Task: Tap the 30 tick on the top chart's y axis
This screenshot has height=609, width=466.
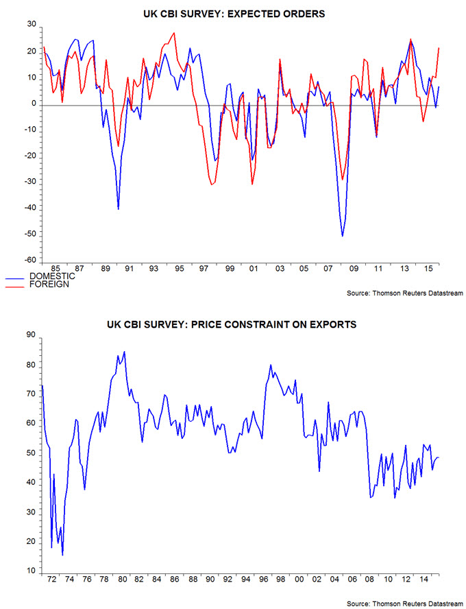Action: pos(30,25)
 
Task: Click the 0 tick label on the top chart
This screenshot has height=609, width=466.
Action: pos(32,104)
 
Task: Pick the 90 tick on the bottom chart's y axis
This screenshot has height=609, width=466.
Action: pos(30,335)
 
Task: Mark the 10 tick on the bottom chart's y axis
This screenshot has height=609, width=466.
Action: pos(30,571)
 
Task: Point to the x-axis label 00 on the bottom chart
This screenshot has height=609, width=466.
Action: pos(298,580)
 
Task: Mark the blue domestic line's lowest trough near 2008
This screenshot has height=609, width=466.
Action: pos(343,236)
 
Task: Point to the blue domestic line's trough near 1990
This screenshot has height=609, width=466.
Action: pos(119,208)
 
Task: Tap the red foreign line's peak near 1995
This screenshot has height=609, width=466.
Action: pos(174,33)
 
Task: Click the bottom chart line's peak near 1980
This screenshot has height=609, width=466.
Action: pos(124,352)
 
